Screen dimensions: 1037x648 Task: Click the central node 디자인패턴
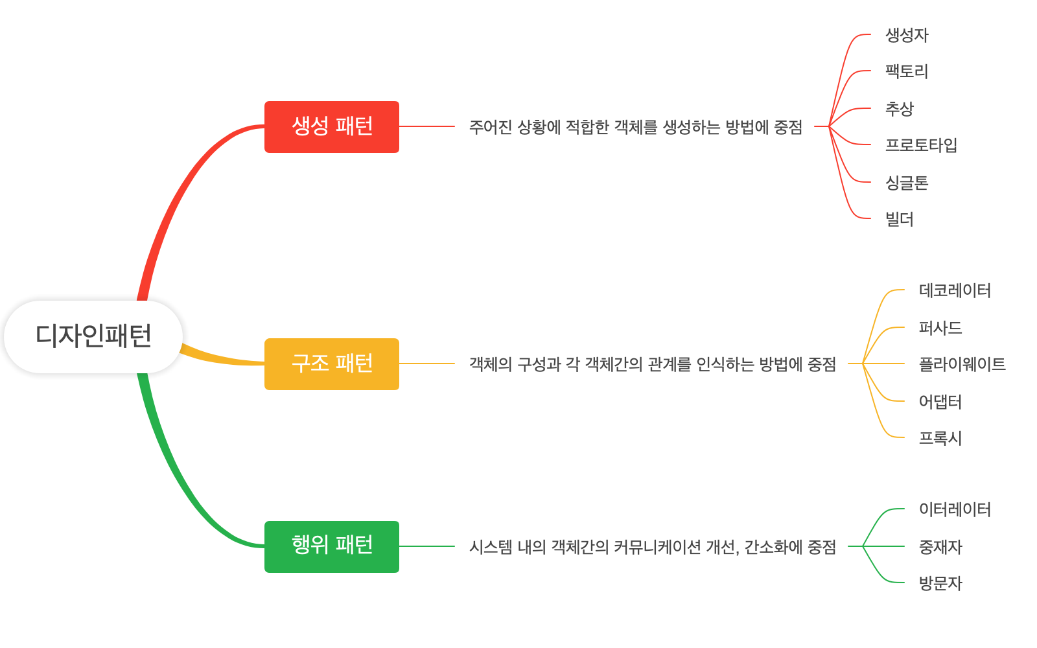(93, 336)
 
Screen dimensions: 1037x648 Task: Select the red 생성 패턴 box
(332, 127)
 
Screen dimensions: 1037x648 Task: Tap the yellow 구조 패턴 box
(332, 364)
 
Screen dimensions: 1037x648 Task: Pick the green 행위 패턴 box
(332, 547)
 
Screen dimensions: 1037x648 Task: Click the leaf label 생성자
(907, 35)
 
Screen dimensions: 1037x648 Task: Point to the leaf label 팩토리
(907, 71)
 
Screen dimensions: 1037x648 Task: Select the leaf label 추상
(900, 109)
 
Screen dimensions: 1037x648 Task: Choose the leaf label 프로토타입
(921, 145)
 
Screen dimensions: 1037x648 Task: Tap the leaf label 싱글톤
(907, 183)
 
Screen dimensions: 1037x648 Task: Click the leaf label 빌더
(900, 220)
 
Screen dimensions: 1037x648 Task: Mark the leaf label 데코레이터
(955, 290)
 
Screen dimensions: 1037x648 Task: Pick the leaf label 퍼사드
(940, 328)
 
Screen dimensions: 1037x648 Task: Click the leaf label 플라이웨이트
(962, 364)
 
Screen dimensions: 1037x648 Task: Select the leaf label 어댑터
(940, 402)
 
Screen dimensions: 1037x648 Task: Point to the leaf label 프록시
(940, 438)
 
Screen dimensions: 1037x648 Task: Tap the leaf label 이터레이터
(955, 509)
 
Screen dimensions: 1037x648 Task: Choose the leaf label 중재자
(940, 547)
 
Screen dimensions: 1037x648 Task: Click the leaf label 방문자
(940, 583)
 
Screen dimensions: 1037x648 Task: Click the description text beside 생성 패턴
(635, 127)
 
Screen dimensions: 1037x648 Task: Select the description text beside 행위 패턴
(652, 547)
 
